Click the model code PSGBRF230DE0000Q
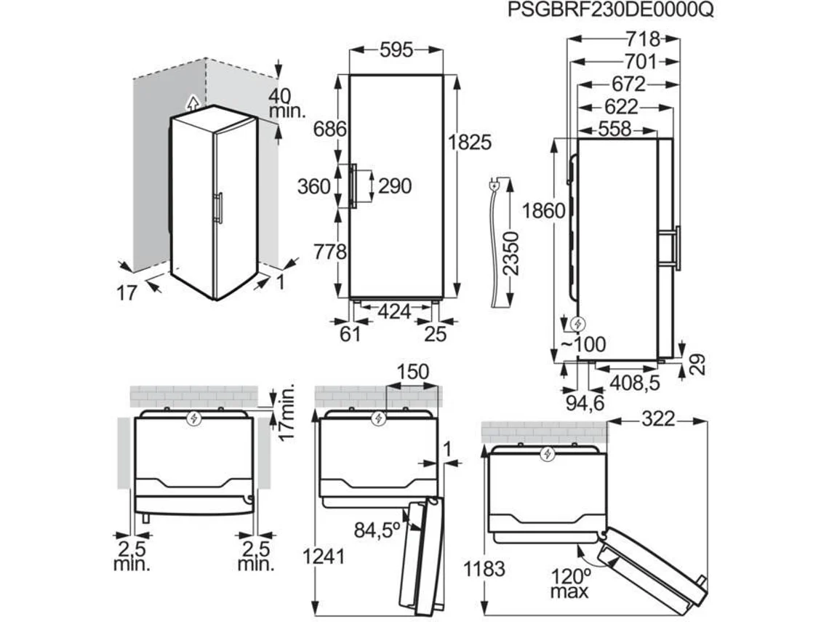(611, 10)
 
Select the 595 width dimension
(396, 50)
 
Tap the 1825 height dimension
(470, 142)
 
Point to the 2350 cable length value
(510, 253)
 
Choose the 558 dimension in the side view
(615, 129)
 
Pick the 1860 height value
(544, 211)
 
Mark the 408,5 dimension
(635, 382)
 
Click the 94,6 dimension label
(585, 404)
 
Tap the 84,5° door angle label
(377, 530)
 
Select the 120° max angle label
(569, 583)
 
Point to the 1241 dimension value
(324, 557)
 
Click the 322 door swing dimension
(658, 419)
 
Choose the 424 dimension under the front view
(394, 312)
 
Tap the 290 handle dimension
(395, 186)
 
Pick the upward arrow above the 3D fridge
(194, 103)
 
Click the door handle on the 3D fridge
(218, 207)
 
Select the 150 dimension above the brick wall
(413, 372)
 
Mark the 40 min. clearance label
(288, 103)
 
